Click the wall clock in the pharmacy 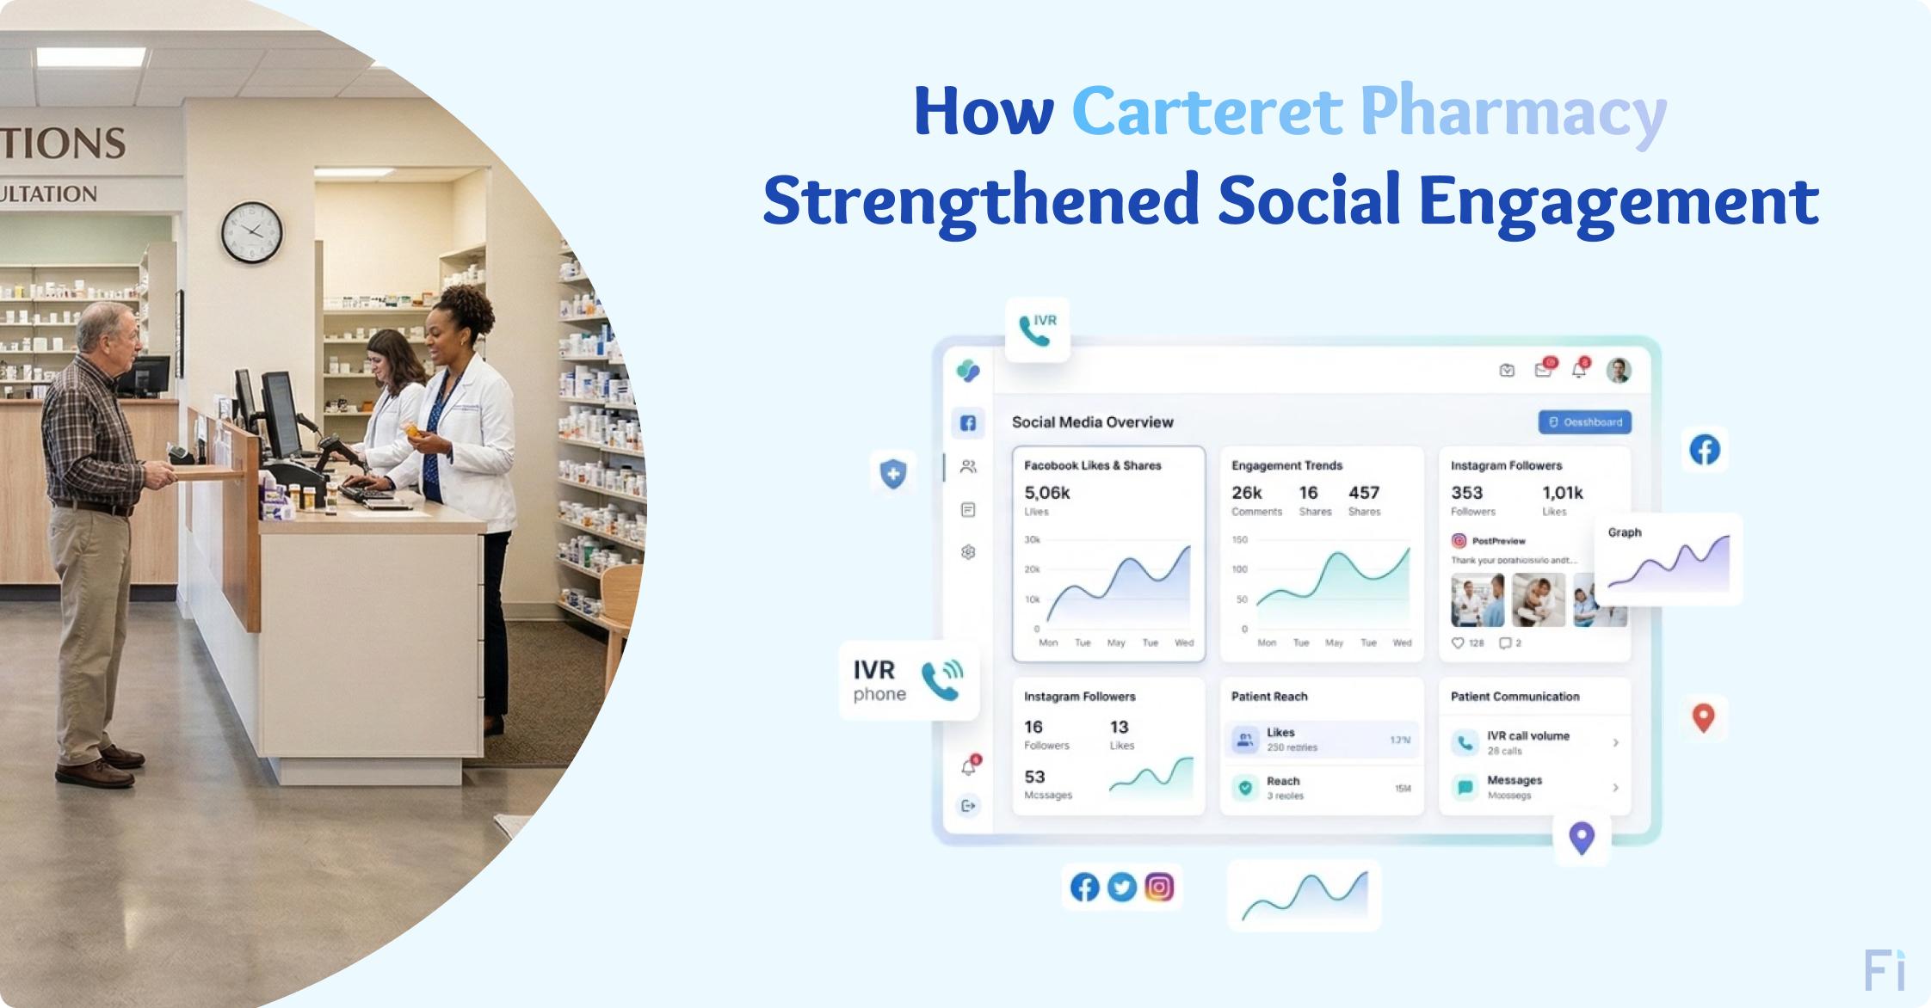tap(252, 232)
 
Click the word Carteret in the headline tap(1206, 112)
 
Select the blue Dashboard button tap(1584, 422)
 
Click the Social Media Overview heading tap(1092, 422)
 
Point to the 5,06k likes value tap(1046, 493)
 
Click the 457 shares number tap(1363, 493)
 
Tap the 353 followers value tap(1466, 493)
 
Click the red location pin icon tap(1703, 716)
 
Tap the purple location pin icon tap(1582, 836)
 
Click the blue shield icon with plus tap(893, 473)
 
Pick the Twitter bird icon tap(1121, 887)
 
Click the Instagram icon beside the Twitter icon tap(1159, 887)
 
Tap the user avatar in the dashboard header tap(1619, 371)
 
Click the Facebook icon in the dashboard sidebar tap(968, 423)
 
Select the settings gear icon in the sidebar tap(968, 552)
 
